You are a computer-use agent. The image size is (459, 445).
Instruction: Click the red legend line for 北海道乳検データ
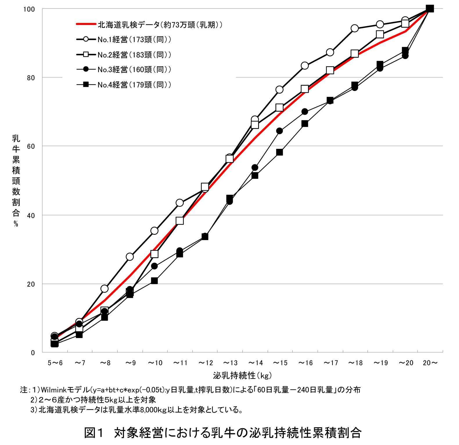click(x=86, y=24)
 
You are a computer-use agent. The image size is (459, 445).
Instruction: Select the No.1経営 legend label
click(x=134, y=40)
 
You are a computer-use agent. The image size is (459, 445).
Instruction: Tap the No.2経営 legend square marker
click(x=86, y=55)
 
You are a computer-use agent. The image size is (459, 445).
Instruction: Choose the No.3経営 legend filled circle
click(x=86, y=69)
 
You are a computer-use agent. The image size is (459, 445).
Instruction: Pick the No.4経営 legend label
click(x=134, y=85)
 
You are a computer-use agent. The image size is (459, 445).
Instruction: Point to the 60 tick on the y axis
click(x=31, y=146)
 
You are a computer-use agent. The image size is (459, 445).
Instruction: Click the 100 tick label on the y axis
click(x=29, y=9)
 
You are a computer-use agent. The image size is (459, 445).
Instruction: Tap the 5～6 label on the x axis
click(x=55, y=363)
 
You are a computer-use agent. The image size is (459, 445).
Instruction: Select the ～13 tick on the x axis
click(x=230, y=363)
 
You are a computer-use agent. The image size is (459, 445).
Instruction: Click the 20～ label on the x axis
click(x=430, y=363)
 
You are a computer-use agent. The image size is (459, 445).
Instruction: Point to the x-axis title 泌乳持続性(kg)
click(x=242, y=376)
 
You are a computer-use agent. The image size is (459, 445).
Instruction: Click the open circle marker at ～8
click(x=105, y=289)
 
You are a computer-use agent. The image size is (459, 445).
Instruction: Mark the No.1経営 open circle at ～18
click(x=354, y=28)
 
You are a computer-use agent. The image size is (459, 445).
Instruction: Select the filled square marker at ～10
click(x=154, y=281)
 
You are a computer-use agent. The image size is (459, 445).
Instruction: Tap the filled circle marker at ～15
click(x=280, y=131)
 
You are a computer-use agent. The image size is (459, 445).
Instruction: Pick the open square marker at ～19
click(x=380, y=34)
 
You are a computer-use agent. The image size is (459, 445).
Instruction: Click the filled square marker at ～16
click(x=305, y=124)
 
